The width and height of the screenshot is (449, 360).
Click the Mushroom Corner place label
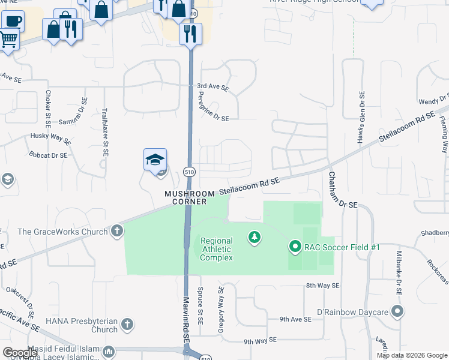tap(186, 197)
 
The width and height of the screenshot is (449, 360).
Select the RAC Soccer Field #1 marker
tap(295, 247)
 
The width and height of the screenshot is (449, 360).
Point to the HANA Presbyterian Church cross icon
tap(127, 325)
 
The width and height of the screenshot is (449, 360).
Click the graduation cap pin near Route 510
tap(155, 160)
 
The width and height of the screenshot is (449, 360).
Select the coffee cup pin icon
tap(12, 22)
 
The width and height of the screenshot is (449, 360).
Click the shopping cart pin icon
tap(8, 40)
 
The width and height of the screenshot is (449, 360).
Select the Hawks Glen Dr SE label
tap(361, 118)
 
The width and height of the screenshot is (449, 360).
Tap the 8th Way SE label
tap(322, 286)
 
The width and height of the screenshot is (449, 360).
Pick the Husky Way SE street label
tap(52, 137)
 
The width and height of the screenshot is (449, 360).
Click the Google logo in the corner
tap(20, 353)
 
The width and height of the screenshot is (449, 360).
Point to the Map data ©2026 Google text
tap(411, 355)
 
